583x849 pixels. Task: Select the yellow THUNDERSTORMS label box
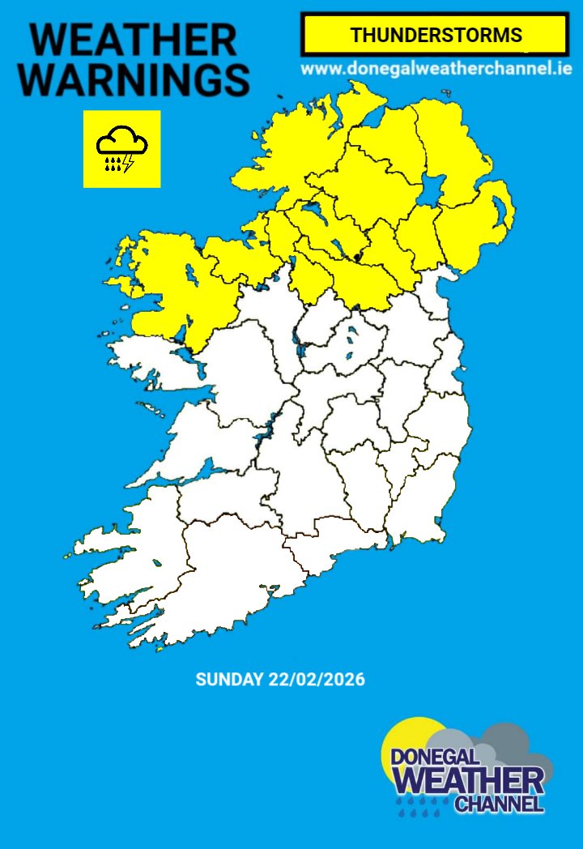tap(434, 36)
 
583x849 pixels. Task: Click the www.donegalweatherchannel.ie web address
tap(436, 69)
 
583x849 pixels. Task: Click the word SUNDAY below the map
tap(229, 680)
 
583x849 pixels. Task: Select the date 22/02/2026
tap(317, 680)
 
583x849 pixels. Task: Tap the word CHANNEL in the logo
tap(499, 804)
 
